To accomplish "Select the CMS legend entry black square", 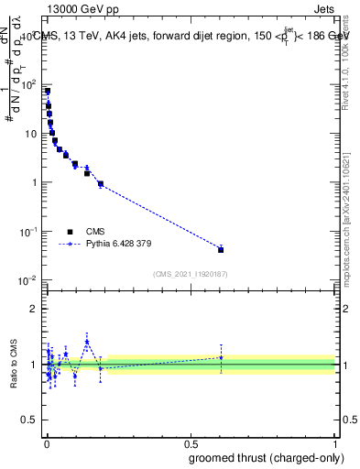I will click(x=70, y=232).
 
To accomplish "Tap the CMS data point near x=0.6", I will click(x=221, y=249).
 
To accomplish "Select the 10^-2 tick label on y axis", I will click(x=28, y=279).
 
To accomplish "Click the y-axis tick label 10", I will click(x=31, y=134).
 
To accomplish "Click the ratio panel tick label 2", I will click(x=34, y=308).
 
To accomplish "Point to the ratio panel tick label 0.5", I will click(x=30, y=420).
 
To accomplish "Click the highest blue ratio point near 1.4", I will click(x=87, y=342).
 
